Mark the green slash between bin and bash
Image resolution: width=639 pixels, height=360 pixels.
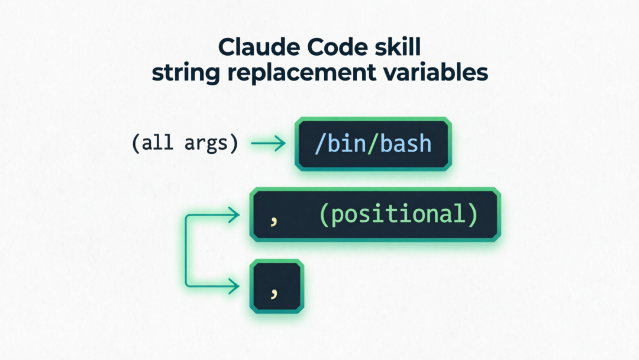[370, 144]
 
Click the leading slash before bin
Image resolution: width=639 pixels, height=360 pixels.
[319, 144]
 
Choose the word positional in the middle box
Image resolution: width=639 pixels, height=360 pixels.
[399, 214]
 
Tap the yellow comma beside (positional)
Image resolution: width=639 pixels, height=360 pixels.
[273, 220]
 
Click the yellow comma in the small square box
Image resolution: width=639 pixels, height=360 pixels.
[273, 291]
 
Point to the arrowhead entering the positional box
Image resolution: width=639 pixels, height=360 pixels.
[235, 215]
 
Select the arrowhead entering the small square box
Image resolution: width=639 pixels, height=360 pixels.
[235, 287]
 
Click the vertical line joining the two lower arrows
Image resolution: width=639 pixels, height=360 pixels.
[187, 251]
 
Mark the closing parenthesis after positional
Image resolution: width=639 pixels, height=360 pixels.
[472, 214]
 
